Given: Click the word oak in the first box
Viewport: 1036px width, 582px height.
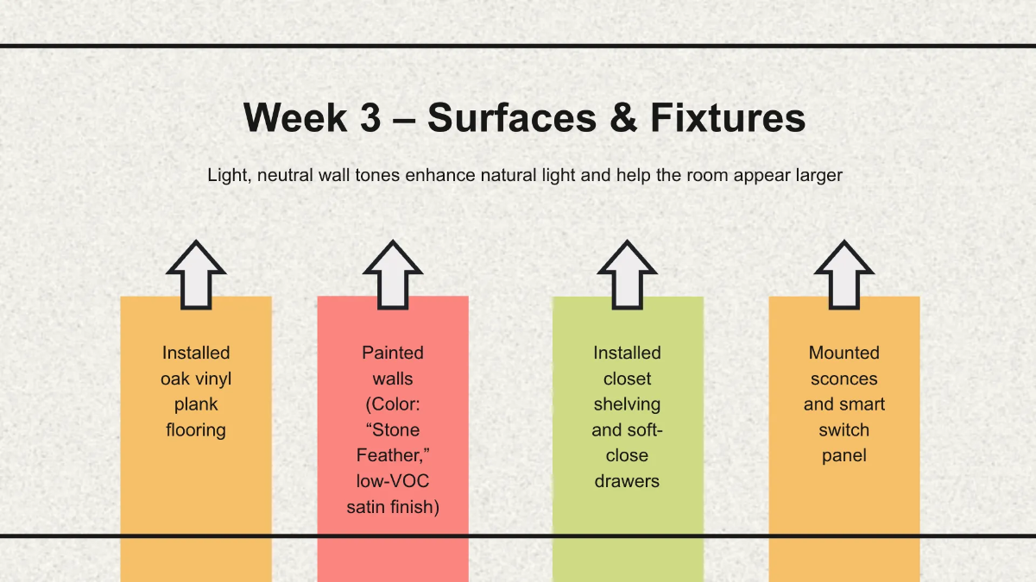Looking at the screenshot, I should pyautogui.click(x=175, y=379).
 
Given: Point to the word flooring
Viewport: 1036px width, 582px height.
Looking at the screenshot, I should pyautogui.click(x=196, y=430).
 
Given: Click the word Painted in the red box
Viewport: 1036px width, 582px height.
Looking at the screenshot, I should pyautogui.click(x=393, y=353).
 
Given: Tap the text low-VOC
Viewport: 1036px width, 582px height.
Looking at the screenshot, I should pyautogui.click(x=393, y=481).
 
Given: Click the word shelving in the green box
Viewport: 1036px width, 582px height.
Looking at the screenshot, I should pyautogui.click(x=628, y=404).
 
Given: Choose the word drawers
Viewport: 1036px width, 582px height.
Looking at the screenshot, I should pyautogui.click(x=628, y=481).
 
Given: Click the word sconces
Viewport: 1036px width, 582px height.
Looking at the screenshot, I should pyautogui.click(x=844, y=379).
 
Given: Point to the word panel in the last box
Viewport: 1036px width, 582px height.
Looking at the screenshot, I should pyautogui.click(x=844, y=455).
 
